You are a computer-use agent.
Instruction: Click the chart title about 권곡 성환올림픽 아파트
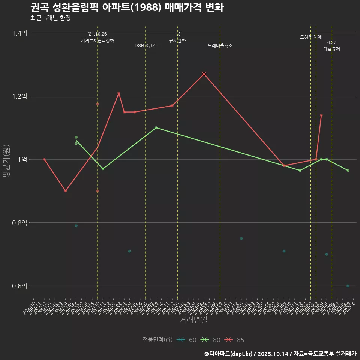point(127,7)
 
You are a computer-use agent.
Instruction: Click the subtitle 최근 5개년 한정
point(50,18)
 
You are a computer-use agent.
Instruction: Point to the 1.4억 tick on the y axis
point(19,33)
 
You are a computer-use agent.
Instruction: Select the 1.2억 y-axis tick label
point(19,96)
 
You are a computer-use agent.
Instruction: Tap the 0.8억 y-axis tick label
point(19,223)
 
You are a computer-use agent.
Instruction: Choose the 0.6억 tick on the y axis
point(19,286)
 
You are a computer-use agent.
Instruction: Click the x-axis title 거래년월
point(193,320)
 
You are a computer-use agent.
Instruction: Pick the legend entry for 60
point(186,340)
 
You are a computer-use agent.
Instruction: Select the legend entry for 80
point(210,340)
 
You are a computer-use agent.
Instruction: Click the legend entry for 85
point(234,340)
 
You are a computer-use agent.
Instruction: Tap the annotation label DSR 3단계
point(145,46)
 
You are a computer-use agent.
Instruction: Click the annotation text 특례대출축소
point(220,46)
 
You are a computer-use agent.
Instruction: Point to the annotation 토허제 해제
point(311,37)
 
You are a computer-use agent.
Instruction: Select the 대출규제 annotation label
point(332,49)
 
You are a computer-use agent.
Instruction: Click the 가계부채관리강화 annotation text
point(97,40)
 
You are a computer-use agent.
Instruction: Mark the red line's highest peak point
point(204,74)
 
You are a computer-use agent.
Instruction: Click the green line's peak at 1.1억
point(156,128)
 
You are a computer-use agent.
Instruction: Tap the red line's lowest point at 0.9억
point(66,191)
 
